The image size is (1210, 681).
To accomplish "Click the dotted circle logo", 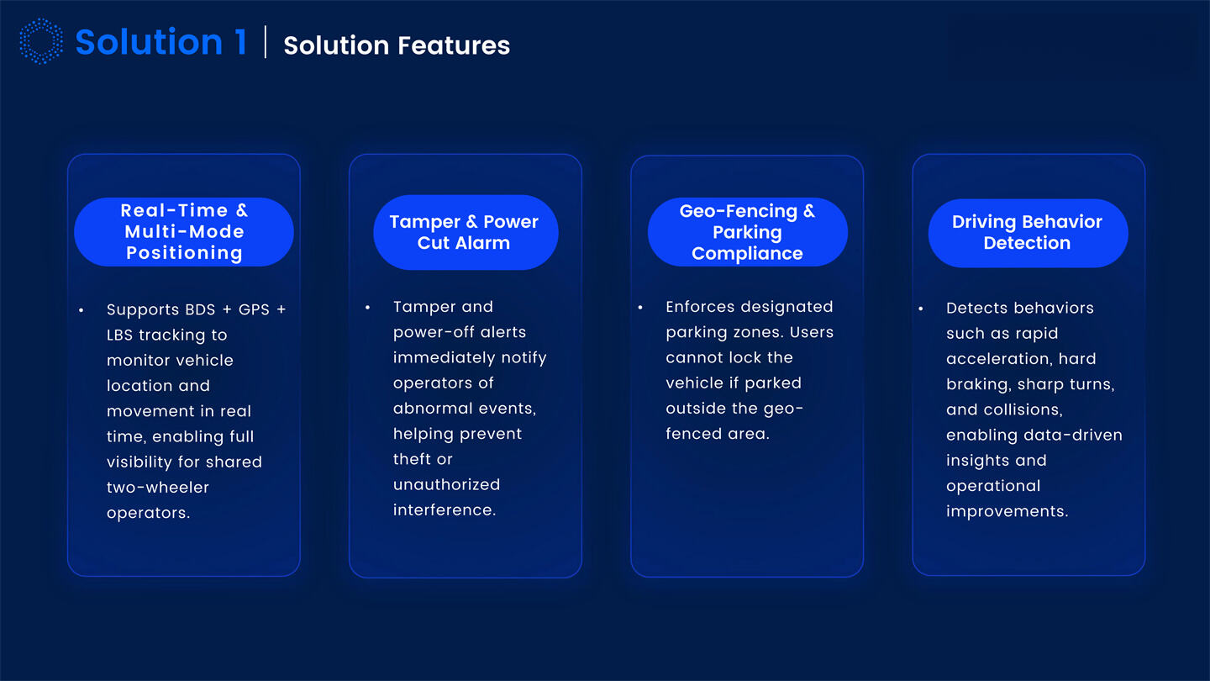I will pos(40,42).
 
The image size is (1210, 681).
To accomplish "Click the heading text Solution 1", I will pos(160,42).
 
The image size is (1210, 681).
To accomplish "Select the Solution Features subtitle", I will pos(397,45).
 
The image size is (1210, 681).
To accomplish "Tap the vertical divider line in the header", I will pos(266,42).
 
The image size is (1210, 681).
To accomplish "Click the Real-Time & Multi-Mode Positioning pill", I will pos(183,232).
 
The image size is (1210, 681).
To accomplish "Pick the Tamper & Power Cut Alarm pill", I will pos(465,233).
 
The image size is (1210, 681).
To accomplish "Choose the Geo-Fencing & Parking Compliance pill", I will pos(747,233).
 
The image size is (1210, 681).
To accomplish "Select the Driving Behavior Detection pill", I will pos(1027,233).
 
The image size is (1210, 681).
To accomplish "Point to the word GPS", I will pos(254,309).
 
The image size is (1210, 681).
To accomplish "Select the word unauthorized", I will pos(446,484).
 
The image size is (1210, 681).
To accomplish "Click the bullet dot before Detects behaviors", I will pos(921,309).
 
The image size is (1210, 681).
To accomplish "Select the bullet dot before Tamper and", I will pos(368,309).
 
